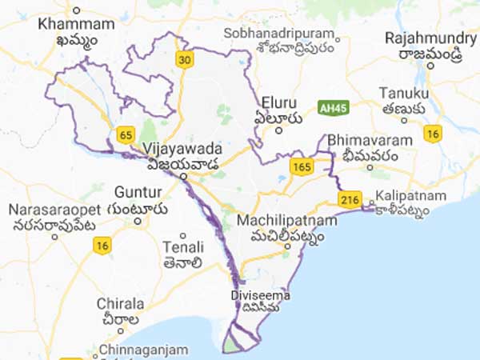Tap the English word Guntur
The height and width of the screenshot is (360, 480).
click(138, 192)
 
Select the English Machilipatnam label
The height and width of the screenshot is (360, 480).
click(280, 218)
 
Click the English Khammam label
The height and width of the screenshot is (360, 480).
click(76, 24)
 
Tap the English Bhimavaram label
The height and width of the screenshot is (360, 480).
click(370, 140)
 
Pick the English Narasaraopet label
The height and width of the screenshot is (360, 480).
click(49, 209)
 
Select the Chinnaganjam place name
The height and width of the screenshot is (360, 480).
click(143, 350)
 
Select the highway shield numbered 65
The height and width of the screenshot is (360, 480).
click(125, 135)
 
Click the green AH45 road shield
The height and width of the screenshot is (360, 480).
click(330, 106)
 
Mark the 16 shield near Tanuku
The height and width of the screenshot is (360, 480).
click(433, 133)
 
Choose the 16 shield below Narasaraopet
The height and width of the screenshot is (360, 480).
click(101, 247)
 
